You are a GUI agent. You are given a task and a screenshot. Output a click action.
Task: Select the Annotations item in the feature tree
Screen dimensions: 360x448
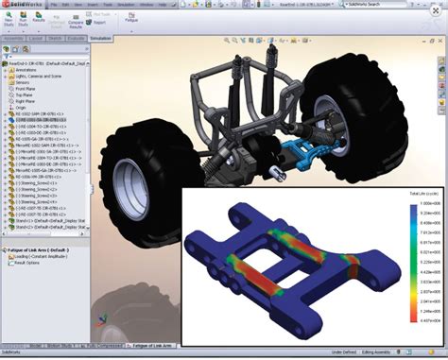(28, 69)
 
